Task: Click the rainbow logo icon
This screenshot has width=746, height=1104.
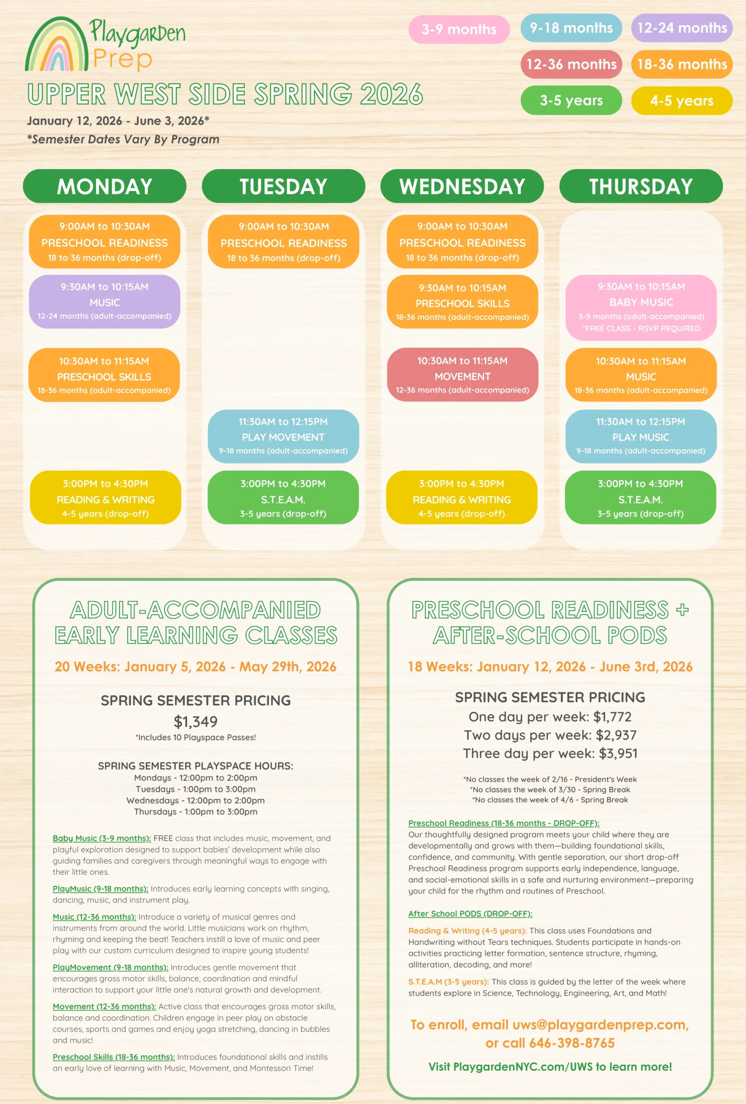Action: click(57, 45)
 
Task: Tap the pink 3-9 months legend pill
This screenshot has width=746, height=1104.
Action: click(459, 29)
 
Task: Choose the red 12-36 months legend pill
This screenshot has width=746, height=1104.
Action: click(571, 64)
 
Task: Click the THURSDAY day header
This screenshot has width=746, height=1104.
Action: click(641, 186)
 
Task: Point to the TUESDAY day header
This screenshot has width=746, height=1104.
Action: click(283, 186)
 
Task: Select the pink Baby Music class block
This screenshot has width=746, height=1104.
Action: click(641, 307)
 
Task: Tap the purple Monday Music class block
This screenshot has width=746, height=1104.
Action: click(104, 301)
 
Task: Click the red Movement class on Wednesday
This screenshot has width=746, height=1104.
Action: click(463, 375)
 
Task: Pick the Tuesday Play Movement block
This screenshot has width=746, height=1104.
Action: click(283, 436)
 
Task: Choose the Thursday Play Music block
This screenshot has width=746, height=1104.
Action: click(641, 436)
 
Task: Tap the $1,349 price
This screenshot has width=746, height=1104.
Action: click(195, 721)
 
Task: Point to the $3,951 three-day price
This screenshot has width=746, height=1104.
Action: click(618, 753)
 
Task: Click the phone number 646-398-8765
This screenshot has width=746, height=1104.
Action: click(572, 1043)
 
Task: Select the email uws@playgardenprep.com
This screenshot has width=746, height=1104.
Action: click(600, 1025)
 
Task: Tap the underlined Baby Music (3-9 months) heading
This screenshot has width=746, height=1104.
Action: click(102, 838)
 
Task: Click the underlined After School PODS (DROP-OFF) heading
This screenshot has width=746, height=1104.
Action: click(470, 913)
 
